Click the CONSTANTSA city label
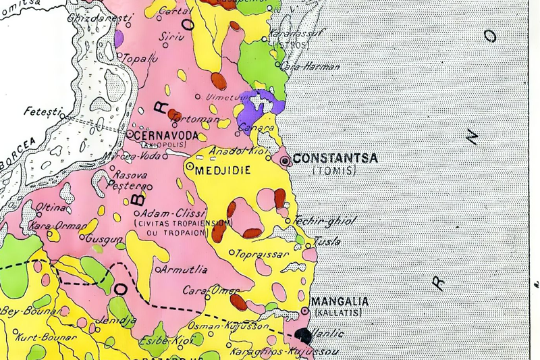335,159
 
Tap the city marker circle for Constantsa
286,161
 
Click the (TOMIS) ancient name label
335,172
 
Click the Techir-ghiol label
324,221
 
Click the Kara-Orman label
58,225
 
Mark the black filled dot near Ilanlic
304,334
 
